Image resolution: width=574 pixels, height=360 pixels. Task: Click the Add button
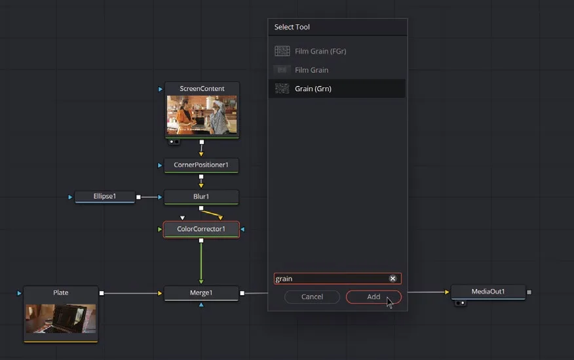pyautogui.click(x=373, y=297)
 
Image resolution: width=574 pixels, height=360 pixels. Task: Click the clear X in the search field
pyautogui.click(x=392, y=279)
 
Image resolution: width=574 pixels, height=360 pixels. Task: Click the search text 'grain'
pyautogui.click(x=284, y=279)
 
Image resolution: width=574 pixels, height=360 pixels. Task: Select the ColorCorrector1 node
pyautogui.click(x=201, y=230)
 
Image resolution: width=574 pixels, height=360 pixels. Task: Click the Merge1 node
pyautogui.click(x=201, y=293)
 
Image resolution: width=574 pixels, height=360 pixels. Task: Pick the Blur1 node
pyautogui.click(x=201, y=197)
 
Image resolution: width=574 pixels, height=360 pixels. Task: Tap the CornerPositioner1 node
pyautogui.click(x=201, y=165)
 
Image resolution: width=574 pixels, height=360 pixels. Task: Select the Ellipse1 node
pyautogui.click(x=105, y=196)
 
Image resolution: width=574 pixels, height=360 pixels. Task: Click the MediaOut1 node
pyautogui.click(x=488, y=292)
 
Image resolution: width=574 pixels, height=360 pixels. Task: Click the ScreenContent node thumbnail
pyautogui.click(x=202, y=115)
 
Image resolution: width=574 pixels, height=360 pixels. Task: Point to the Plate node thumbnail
pyautogui.click(x=61, y=319)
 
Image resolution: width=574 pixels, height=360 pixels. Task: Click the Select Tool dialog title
pyautogui.click(x=292, y=27)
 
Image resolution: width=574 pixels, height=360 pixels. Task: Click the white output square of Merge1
pyautogui.click(x=242, y=293)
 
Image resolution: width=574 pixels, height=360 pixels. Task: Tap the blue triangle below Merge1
pyautogui.click(x=201, y=305)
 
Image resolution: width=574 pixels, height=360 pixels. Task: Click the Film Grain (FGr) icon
pyautogui.click(x=282, y=51)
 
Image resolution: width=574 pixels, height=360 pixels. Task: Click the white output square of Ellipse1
pyautogui.click(x=138, y=197)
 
